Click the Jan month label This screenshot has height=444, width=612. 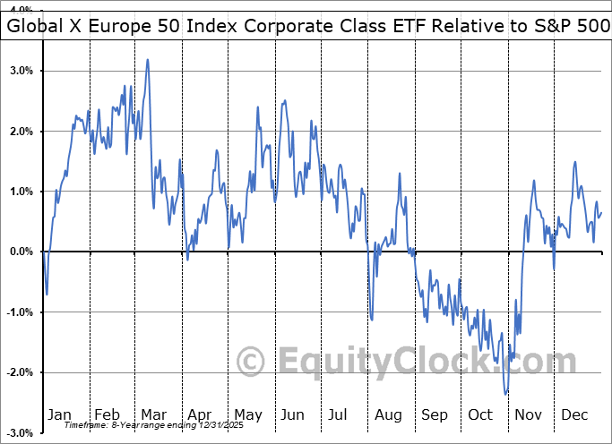click(x=60, y=415)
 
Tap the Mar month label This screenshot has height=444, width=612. click(x=152, y=415)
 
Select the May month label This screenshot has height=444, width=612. click(x=247, y=415)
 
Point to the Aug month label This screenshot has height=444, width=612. click(x=389, y=415)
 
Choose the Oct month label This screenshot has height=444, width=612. click(x=481, y=415)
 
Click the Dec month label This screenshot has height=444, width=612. click(x=575, y=415)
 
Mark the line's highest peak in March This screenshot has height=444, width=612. click(x=147, y=60)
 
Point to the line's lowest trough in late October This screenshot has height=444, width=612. click(x=506, y=394)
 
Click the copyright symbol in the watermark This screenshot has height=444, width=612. click(x=250, y=363)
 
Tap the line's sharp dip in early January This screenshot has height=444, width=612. click(x=47, y=294)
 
